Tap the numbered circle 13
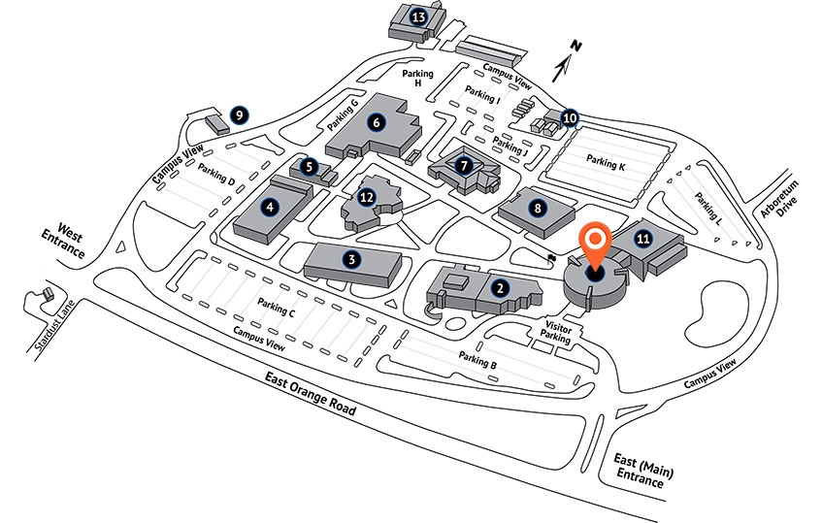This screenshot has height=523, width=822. [x=418, y=16]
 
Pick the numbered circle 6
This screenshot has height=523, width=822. [x=375, y=122]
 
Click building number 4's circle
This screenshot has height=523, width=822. [x=269, y=206]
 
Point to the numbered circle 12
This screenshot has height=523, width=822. [x=366, y=197]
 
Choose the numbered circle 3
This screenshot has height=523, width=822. [x=352, y=259]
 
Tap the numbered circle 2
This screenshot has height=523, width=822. [x=499, y=287]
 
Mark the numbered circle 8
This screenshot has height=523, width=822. [x=536, y=206]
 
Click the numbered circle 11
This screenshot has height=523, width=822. [x=641, y=236]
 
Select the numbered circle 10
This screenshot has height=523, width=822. [x=570, y=118]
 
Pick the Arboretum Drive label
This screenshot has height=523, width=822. [x=782, y=201]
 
